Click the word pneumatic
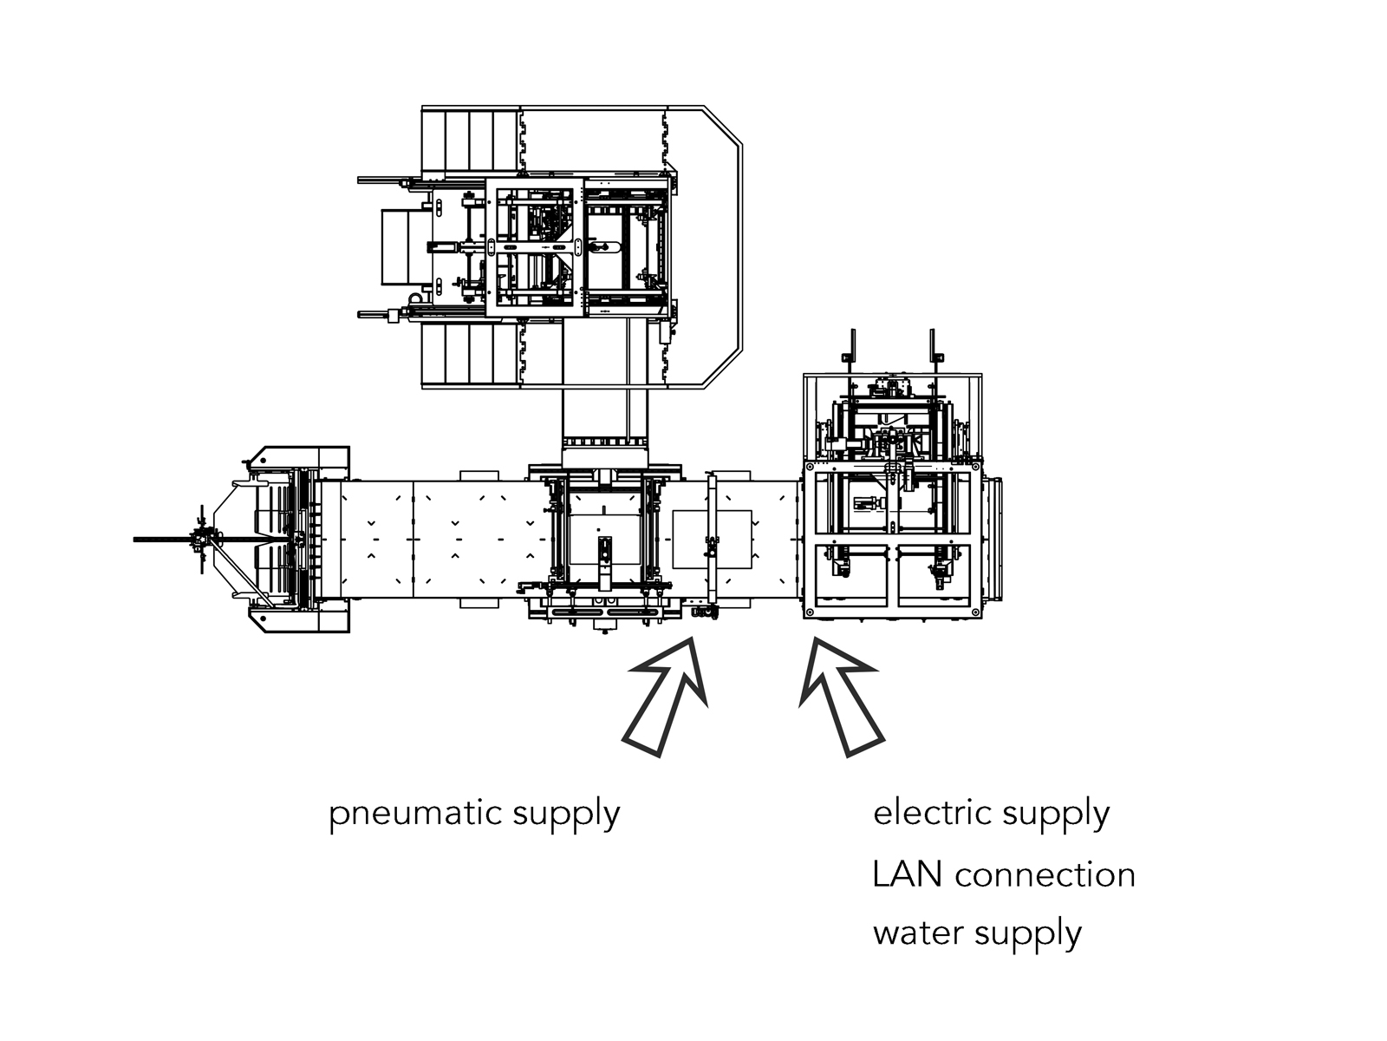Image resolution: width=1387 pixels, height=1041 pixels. click(415, 815)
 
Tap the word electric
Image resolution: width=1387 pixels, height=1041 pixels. click(932, 813)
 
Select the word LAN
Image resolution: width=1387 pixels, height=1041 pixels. click(907, 874)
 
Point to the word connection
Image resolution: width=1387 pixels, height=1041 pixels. click(1045, 874)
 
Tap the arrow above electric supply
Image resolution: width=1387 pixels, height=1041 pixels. click(839, 694)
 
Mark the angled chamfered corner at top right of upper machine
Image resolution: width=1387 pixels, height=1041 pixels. click(723, 126)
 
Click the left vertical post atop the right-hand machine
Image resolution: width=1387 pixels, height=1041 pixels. click(851, 347)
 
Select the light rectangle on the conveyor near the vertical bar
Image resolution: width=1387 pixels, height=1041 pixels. click(713, 539)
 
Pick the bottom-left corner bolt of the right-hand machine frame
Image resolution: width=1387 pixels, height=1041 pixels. click(809, 612)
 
